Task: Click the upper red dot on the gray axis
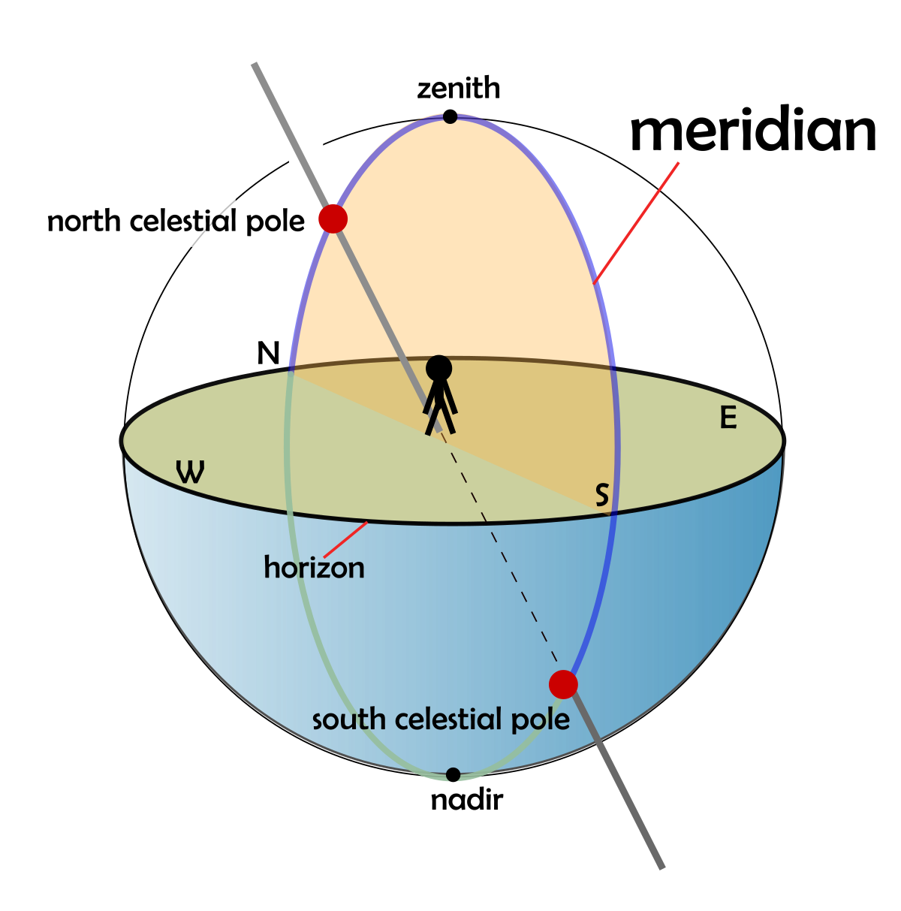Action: pyautogui.click(x=333, y=219)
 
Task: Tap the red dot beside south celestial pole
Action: pyautogui.click(x=563, y=684)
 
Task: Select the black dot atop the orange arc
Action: pyautogui.click(x=450, y=116)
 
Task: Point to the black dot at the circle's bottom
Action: pyautogui.click(x=453, y=774)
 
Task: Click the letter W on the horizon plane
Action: pyautogui.click(x=190, y=472)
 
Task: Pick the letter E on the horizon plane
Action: pyautogui.click(x=728, y=418)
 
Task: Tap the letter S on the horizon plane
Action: pyautogui.click(x=601, y=495)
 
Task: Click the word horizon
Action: pyautogui.click(x=314, y=568)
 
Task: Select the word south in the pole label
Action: pyautogui.click(x=350, y=719)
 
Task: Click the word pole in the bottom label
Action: pyautogui.click(x=541, y=719)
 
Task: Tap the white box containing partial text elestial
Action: pyautogui.click(x=196, y=217)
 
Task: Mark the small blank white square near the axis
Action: pyautogui.click(x=306, y=153)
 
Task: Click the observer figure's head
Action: pyautogui.click(x=438, y=368)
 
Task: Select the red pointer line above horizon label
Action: pyautogui.click(x=345, y=539)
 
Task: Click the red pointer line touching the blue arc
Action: pyautogui.click(x=637, y=222)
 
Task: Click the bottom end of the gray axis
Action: pyautogui.click(x=661, y=867)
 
